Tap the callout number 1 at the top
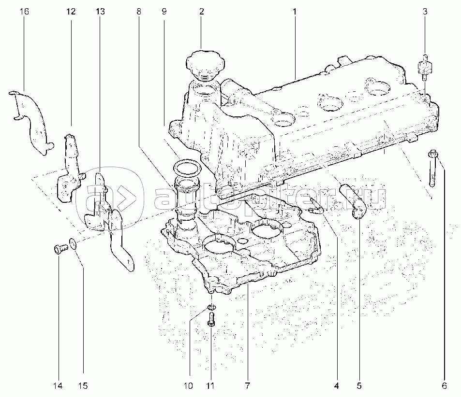[295, 11]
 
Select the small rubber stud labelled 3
[425, 68]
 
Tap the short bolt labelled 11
[211, 320]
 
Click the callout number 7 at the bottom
[247, 385]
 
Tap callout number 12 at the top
[71, 11]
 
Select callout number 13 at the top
[100, 11]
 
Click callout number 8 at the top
[139, 11]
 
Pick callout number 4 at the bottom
[336, 385]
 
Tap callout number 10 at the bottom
[188, 385]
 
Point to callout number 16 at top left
[25, 11]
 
